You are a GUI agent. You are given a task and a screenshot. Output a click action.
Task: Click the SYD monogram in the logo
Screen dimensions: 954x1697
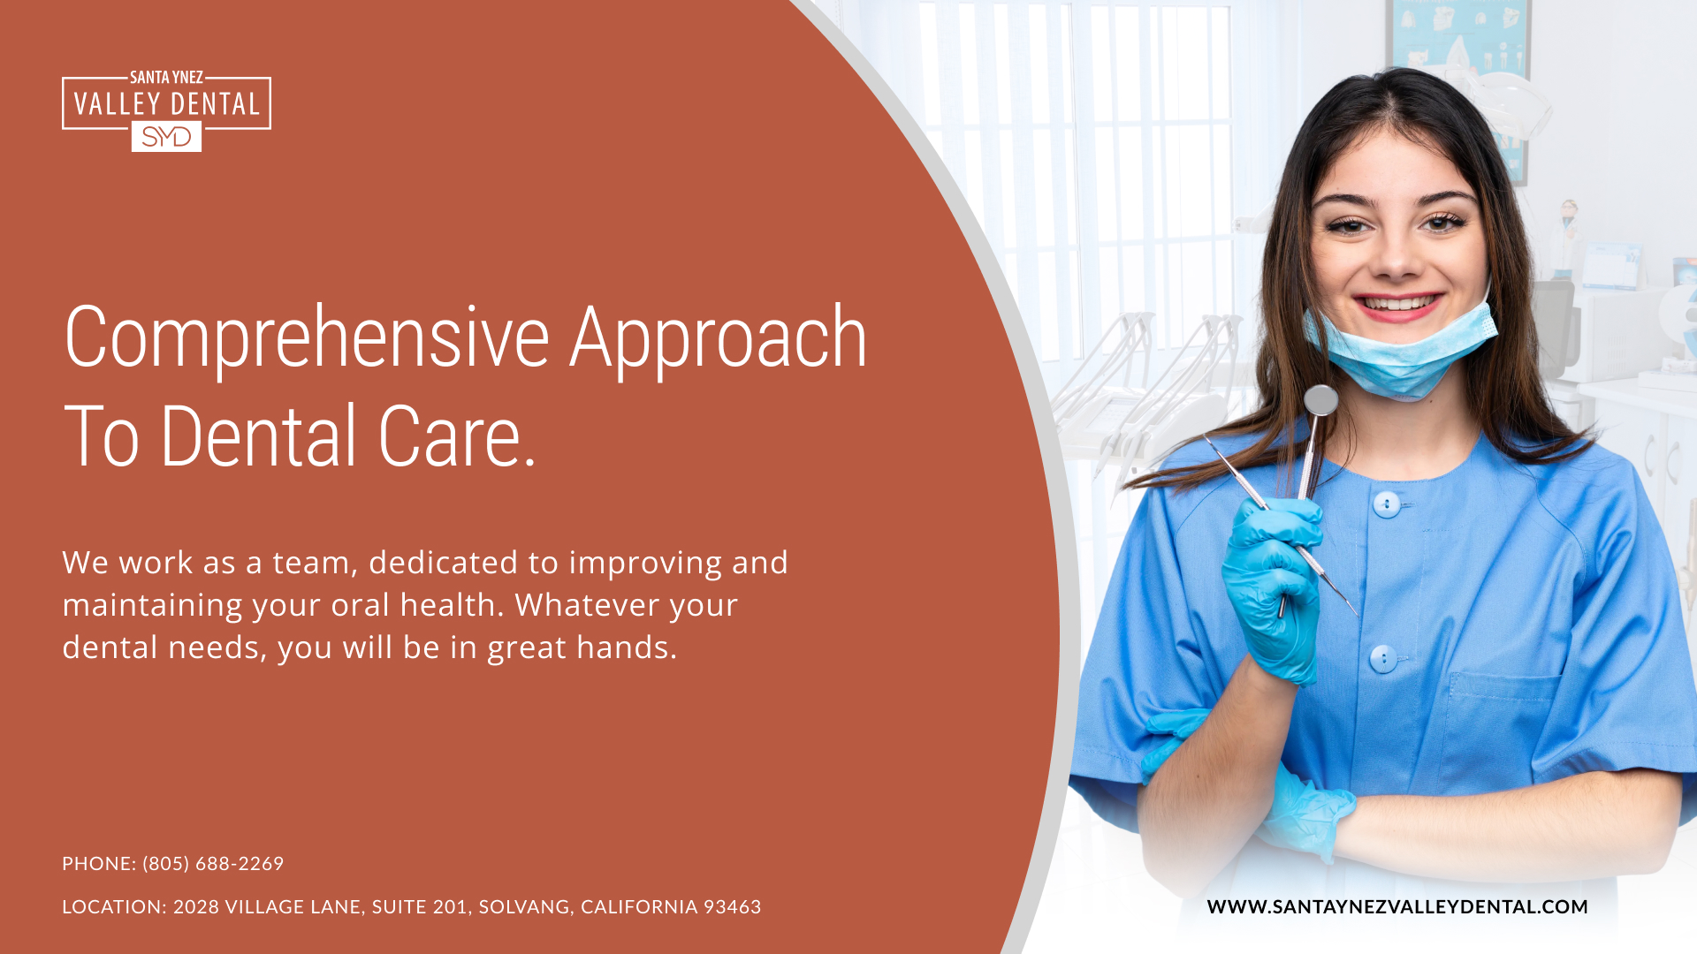166,137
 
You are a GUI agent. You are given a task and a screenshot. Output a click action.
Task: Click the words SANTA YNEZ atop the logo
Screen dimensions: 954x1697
166,78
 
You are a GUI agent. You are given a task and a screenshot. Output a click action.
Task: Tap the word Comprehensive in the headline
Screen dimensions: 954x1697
307,338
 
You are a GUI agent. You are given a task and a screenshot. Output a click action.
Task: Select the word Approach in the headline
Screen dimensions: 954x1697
718,338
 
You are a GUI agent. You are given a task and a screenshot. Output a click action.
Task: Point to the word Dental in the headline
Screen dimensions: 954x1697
258,436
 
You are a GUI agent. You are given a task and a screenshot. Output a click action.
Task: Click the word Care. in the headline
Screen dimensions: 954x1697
457,436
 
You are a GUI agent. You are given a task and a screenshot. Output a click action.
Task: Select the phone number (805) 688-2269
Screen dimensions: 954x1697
213,863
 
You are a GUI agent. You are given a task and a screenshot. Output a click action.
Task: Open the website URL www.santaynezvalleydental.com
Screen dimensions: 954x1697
1396,906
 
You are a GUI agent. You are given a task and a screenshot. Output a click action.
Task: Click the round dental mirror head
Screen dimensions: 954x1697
1320,400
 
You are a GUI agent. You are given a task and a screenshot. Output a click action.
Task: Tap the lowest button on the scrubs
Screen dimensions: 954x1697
1382,658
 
